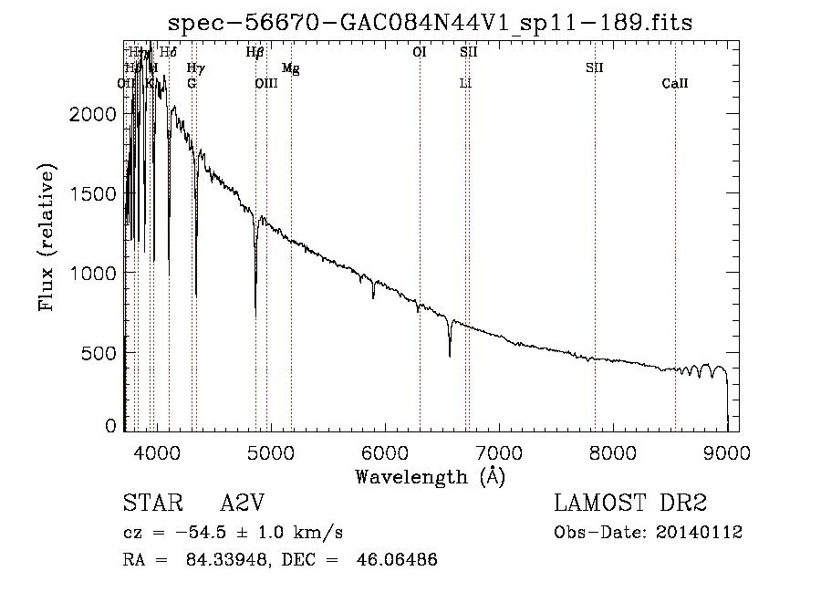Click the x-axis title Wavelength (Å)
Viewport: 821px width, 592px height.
430,476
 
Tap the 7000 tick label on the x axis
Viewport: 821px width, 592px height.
498,450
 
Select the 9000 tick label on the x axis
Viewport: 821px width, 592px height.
727,450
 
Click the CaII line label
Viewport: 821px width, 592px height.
675,84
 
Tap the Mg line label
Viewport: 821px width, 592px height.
290,68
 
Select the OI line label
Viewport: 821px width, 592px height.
420,53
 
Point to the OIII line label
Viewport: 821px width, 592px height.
265,84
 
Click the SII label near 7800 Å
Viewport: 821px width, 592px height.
595,68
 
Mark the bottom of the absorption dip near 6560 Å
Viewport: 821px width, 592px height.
449,355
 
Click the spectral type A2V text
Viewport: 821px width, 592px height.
243,504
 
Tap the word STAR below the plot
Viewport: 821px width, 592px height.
150,504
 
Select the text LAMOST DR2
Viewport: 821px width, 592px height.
630,504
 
